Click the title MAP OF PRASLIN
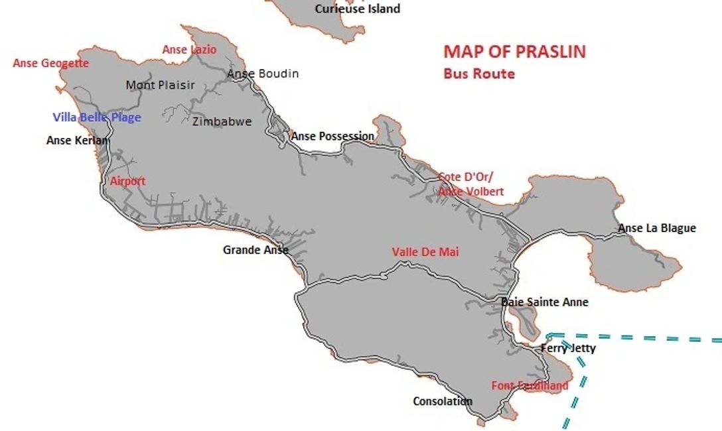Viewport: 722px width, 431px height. (514, 52)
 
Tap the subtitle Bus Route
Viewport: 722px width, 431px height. (478, 74)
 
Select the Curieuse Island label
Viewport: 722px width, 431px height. (357, 9)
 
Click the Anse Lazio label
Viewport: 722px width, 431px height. (189, 50)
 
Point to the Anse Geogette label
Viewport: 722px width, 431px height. (50, 64)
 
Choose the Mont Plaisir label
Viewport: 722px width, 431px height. (160, 85)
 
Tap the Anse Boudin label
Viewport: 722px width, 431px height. (263, 74)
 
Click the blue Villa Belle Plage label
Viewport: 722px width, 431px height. (97, 117)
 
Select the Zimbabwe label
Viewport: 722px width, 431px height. (222, 121)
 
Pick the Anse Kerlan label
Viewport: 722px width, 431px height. (77, 141)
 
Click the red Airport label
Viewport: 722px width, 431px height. (127, 181)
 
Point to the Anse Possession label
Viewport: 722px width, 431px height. (332, 136)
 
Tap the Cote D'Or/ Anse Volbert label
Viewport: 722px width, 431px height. (470, 184)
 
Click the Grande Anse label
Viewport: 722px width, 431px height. (255, 250)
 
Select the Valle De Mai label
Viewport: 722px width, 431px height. (425, 252)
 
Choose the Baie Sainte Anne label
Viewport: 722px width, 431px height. (545, 302)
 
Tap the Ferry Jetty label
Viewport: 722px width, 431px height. (568, 348)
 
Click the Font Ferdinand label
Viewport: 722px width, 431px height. (530, 385)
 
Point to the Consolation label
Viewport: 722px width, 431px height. (442, 401)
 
